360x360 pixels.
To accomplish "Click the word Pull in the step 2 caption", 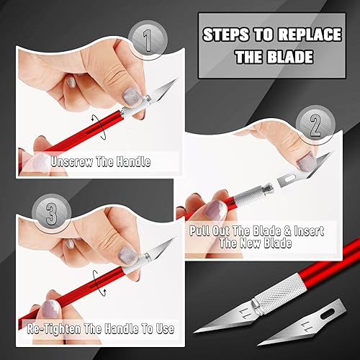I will pos(202,232).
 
